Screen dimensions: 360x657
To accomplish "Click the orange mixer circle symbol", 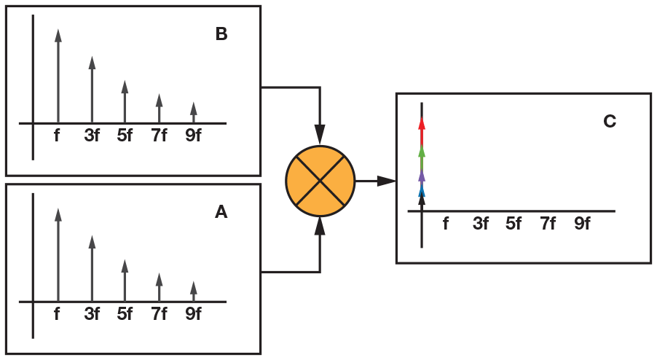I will (320, 181).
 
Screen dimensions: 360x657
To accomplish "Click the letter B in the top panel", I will (221, 34).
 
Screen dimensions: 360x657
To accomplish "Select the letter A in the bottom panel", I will (221, 212).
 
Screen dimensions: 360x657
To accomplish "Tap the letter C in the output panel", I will (610, 121).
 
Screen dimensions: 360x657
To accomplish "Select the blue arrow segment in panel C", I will (422, 192).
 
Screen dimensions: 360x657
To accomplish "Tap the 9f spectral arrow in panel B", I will (193, 112).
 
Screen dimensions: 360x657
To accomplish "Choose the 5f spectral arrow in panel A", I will (125, 280).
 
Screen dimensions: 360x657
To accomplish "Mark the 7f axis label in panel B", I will (159, 136).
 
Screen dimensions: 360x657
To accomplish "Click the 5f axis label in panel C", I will (514, 224).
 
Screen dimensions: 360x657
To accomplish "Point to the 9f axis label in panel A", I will (193, 314).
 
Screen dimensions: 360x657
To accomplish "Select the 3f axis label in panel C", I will (480, 224).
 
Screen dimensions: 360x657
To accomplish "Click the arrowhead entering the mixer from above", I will (320, 135).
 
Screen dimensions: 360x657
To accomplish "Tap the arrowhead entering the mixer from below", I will (320, 227).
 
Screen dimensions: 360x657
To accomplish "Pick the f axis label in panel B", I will (58, 136).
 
